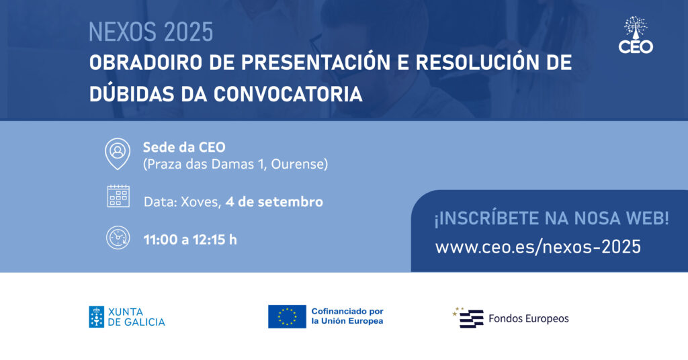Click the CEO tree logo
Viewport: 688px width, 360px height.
pos(636,35)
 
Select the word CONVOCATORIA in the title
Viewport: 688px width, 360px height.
pos(288,94)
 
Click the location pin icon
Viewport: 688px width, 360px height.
pos(118,154)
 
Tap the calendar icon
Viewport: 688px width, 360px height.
pos(118,196)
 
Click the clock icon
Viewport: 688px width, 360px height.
pos(118,238)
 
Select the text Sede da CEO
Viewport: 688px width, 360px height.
pos(184,147)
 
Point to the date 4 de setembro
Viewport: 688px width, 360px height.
pos(274,201)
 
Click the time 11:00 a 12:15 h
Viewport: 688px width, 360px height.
pos(190,240)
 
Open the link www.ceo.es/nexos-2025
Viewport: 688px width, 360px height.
pos(538,246)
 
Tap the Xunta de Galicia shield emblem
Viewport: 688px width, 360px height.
pos(97,317)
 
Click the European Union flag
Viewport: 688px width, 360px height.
pos(287,316)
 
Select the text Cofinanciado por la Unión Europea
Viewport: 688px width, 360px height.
pos(347,316)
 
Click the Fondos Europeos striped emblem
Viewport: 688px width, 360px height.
pos(468,318)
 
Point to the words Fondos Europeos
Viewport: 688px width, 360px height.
pos(528,319)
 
